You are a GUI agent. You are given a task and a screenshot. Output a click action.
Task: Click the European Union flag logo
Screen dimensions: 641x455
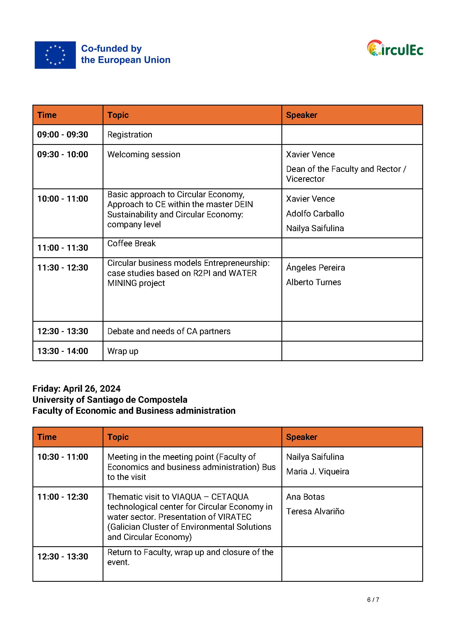[55, 55]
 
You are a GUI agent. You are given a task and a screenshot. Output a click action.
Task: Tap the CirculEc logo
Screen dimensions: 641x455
[395, 48]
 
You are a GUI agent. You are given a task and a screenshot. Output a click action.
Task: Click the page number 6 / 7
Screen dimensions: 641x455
[373, 599]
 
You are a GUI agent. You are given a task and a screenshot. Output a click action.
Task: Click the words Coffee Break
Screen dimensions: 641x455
[131, 243]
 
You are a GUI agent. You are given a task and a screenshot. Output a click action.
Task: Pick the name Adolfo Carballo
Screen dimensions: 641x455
[315, 213]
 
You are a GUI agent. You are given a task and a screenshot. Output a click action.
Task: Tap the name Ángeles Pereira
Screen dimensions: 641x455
[316, 267]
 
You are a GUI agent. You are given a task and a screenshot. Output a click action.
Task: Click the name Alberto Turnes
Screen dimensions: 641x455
[314, 282]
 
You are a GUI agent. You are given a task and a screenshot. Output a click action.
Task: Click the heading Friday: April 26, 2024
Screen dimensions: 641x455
[76, 388]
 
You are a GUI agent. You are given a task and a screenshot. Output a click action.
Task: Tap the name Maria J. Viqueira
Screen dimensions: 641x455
[317, 472]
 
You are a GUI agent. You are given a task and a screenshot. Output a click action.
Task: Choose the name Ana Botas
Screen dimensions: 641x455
[305, 497]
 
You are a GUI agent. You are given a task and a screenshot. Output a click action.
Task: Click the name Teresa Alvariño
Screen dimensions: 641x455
[315, 512]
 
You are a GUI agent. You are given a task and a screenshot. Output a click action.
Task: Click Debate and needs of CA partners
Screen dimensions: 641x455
[169, 331]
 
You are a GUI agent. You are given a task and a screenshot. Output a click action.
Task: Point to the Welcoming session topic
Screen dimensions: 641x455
[144, 154]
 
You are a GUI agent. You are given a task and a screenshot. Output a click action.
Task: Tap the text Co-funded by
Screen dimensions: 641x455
[111, 48]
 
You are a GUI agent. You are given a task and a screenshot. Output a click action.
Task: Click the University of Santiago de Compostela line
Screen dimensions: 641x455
[110, 399]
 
